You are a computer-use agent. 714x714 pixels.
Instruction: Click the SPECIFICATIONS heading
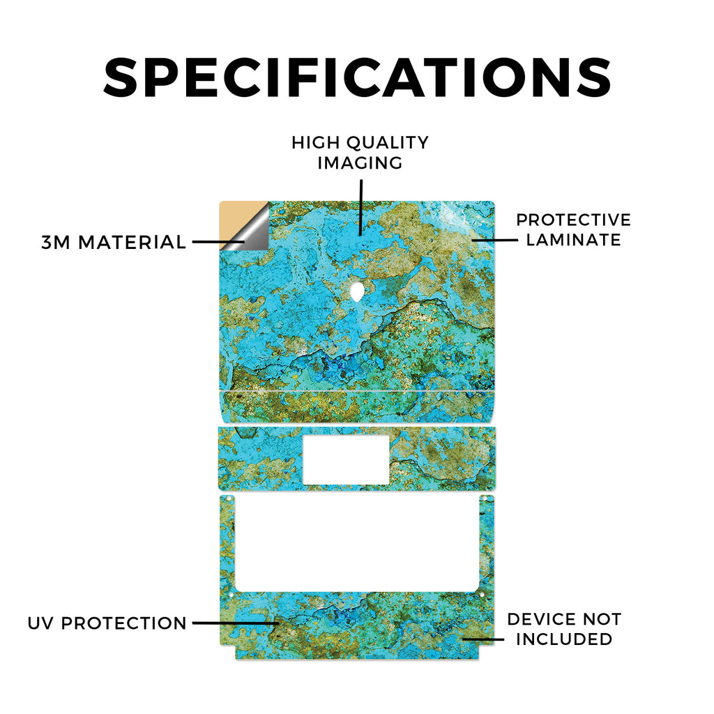357,77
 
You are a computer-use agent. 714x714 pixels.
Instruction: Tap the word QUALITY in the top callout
388,143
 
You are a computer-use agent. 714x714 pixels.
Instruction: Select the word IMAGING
360,163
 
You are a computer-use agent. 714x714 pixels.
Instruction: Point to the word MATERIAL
132,242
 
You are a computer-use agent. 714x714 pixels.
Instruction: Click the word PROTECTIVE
573,220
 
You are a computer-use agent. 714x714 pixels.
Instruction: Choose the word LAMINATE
573,240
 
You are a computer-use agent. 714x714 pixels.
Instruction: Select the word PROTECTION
124,623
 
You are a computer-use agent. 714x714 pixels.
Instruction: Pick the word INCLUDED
563,639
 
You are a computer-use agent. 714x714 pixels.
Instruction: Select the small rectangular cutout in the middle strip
346,460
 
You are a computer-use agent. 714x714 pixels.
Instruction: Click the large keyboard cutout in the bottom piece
357,544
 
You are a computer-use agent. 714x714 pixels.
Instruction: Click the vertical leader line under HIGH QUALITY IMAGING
361,207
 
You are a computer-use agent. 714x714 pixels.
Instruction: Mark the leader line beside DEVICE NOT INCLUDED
484,639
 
